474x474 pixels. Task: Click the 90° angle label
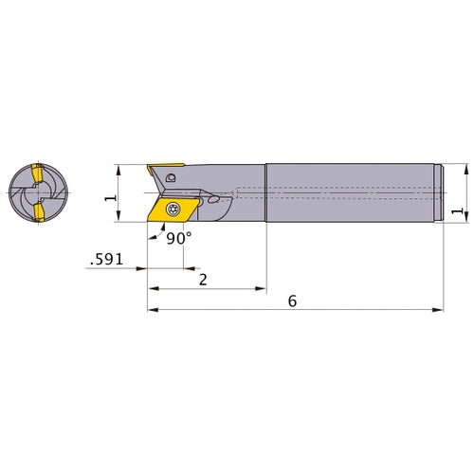tap(178, 239)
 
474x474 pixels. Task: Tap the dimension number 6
tap(291, 301)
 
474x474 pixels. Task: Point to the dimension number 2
tap(203, 279)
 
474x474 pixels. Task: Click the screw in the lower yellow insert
tap(172, 210)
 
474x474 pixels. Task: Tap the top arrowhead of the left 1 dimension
tap(118, 168)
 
